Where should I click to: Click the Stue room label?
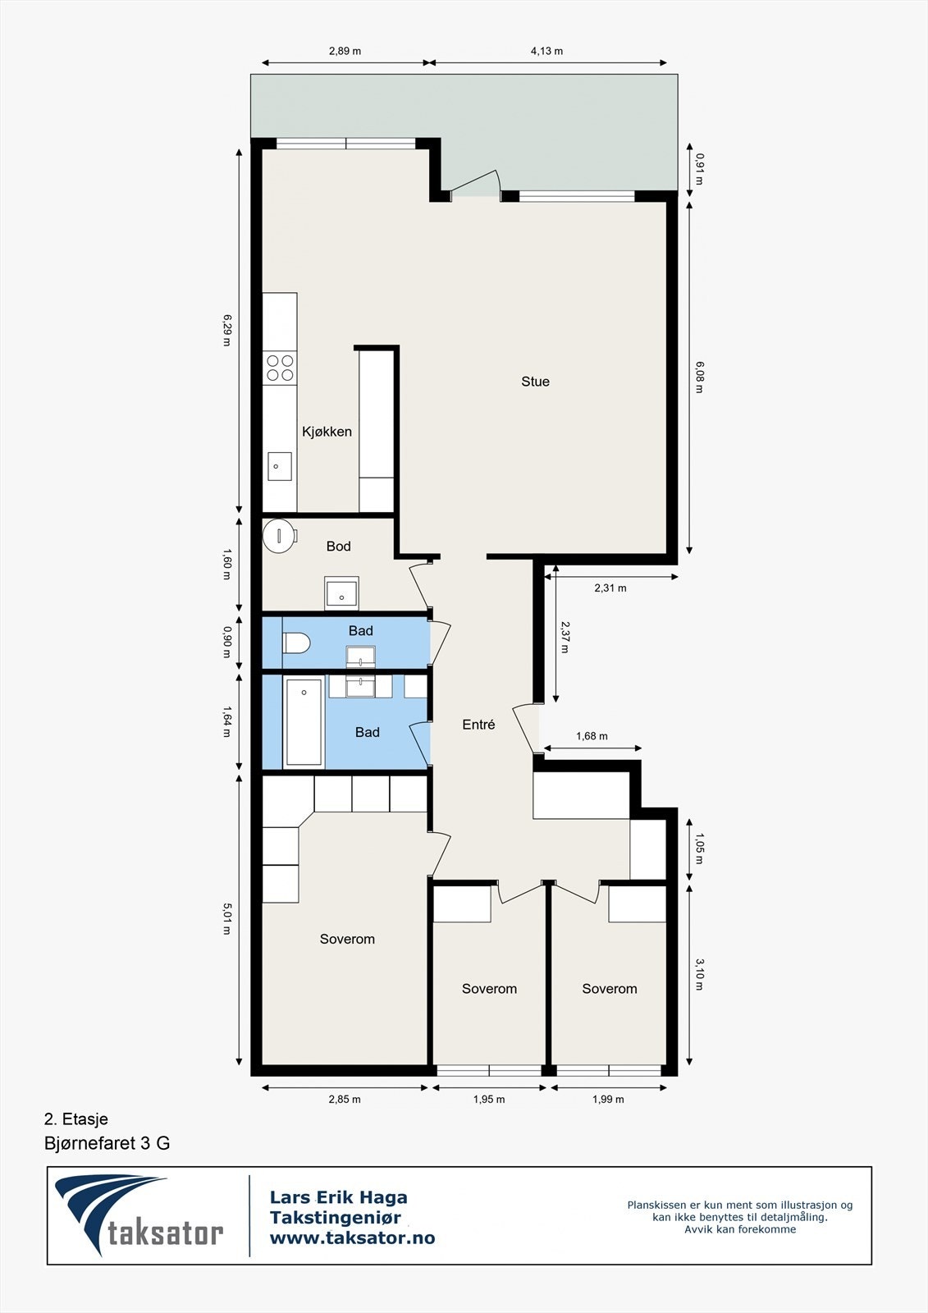click(x=535, y=382)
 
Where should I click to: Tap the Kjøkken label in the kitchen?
click(x=327, y=432)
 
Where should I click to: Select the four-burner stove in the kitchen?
click(x=280, y=368)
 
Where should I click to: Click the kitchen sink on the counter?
click(x=279, y=466)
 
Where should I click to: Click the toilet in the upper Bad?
click(x=295, y=643)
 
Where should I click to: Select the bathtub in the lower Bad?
click(x=304, y=722)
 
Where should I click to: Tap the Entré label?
click(x=478, y=725)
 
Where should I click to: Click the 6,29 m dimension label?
click(x=227, y=330)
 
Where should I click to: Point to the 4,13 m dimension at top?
click(x=546, y=51)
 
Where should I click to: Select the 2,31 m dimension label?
click(x=610, y=588)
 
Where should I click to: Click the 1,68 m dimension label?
click(x=592, y=736)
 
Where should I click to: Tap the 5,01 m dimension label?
click(x=227, y=919)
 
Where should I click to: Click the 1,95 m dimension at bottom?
click(x=489, y=1100)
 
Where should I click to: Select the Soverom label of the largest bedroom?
click(x=347, y=940)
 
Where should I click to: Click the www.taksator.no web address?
click(x=352, y=1238)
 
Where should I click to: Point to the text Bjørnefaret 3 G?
click(x=107, y=1143)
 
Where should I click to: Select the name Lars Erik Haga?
click(x=338, y=1198)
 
